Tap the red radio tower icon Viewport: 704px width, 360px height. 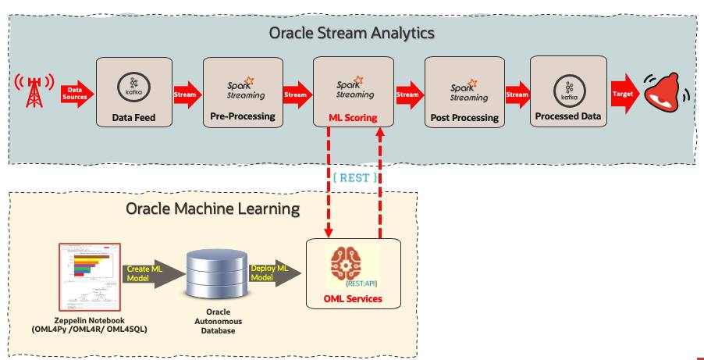[x=34, y=92]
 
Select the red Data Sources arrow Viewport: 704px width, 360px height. [x=76, y=94]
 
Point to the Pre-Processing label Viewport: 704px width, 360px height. [x=242, y=116]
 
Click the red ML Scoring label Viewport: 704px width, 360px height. [x=352, y=118]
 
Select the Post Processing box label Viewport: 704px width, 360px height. [x=464, y=118]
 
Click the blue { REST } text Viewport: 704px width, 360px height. [x=354, y=178]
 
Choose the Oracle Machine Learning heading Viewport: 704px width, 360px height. [x=213, y=209]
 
